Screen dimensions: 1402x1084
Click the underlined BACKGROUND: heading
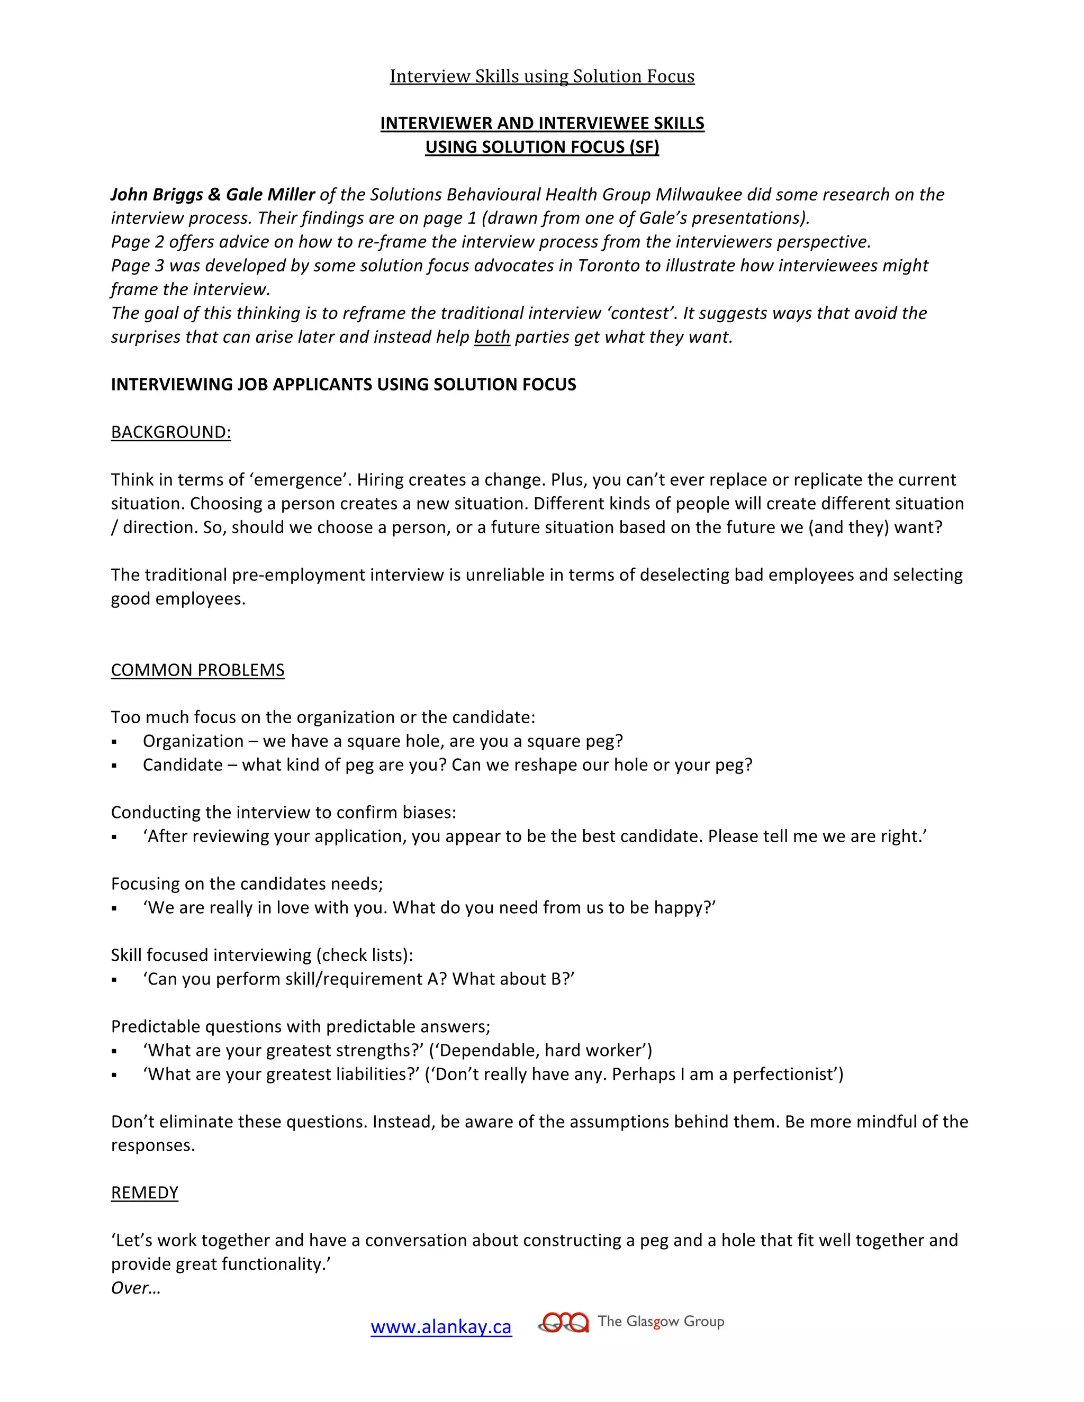171,432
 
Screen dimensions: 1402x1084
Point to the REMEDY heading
144,1192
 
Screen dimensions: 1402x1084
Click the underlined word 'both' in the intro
492,337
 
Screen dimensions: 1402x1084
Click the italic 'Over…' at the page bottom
135,1288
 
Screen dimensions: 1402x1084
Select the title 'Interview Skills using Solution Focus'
542,76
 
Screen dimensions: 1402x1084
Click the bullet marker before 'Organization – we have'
114,742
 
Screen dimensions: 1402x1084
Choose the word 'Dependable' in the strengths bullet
487,1050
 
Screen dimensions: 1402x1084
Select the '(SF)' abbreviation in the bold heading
644,147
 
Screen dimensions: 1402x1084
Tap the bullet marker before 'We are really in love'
114,908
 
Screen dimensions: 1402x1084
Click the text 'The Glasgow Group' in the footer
661,1321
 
